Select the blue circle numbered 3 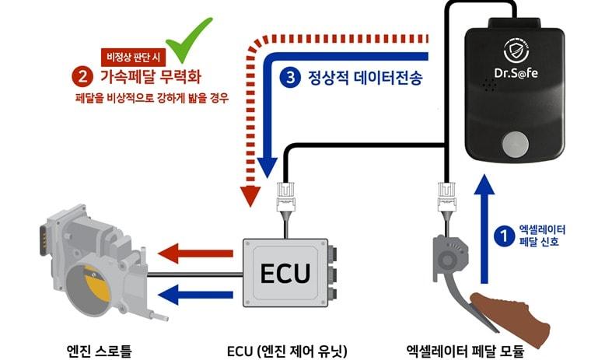point(290,77)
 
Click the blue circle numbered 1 point(504,232)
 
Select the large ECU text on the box point(285,274)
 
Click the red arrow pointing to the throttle point(194,253)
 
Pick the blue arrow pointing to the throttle point(194,293)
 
